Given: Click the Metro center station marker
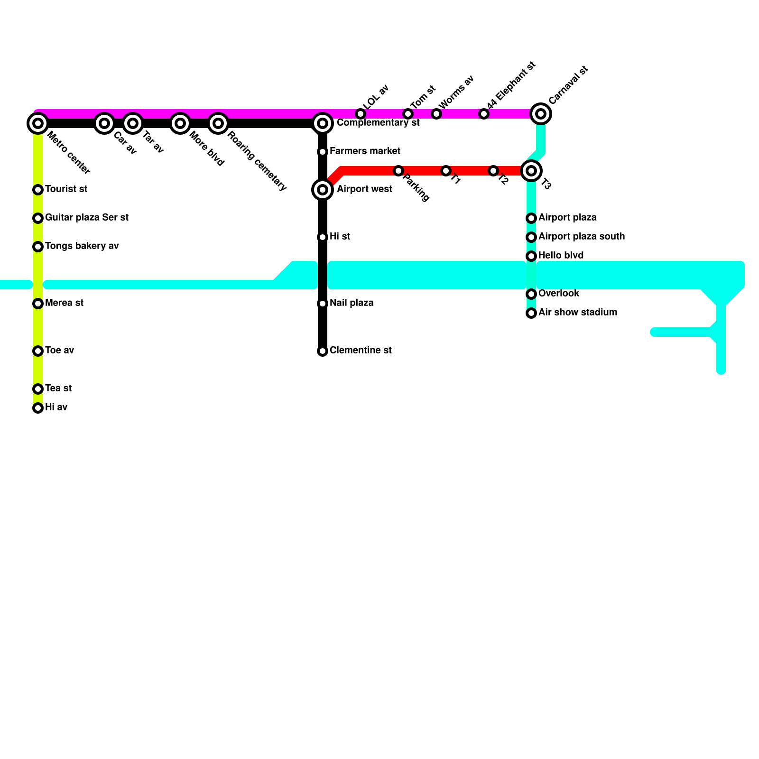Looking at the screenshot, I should click(38, 123).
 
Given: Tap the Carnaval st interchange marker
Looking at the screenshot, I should click(541, 114).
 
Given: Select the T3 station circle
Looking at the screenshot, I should click(531, 171).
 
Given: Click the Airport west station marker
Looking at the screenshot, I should click(323, 190).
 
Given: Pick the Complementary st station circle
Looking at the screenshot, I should click(323, 123).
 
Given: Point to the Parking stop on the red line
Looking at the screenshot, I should click(398, 171).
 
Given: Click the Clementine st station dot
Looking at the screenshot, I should click(323, 351).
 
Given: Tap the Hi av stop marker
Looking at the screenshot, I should click(38, 408).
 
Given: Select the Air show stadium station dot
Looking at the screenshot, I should click(531, 313).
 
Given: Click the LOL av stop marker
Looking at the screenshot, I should click(361, 114).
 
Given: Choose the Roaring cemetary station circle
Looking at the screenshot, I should click(218, 123).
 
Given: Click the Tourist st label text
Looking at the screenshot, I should click(66, 189).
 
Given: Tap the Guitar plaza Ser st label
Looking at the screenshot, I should click(87, 218).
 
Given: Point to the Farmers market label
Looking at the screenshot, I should click(365, 151).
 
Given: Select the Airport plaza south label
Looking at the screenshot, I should click(582, 237).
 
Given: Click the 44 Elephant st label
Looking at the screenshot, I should click(511, 85).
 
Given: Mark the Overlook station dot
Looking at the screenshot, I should click(531, 294).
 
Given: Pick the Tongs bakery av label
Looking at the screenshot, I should click(82, 246).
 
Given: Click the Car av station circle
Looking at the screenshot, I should click(104, 123).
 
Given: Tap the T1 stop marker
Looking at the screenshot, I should click(446, 171).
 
